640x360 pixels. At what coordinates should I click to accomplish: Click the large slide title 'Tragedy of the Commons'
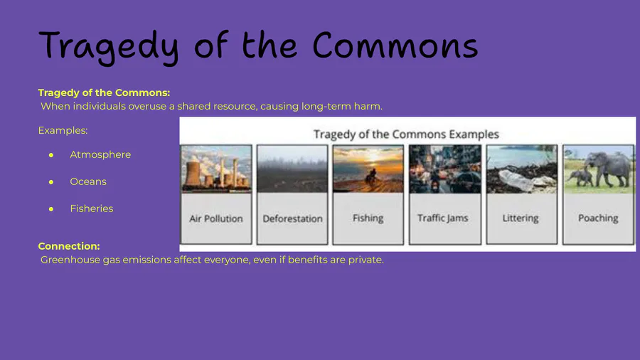pos(258,47)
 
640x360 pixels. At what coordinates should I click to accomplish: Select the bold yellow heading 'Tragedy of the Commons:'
pos(104,92)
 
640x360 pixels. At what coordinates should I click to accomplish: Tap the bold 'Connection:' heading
pos(69,246)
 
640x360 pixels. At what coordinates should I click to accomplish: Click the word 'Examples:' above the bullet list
pos(63,130)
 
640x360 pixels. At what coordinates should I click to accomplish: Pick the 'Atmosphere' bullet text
pos(100,154)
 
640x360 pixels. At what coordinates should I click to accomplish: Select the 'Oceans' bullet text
pos(88,181)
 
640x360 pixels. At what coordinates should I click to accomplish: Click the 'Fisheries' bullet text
pos(92,208)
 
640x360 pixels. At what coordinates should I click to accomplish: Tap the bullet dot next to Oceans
pos(51,182)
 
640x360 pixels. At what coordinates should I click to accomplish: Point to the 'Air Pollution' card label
pos(216,219)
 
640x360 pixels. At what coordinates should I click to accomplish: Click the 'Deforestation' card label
pos(292,219)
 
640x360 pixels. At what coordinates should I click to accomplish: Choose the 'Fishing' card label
pos(368,218)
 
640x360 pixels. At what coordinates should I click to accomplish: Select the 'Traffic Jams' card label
pos(443,218)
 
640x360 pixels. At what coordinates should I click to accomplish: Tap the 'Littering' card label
pos(521,218)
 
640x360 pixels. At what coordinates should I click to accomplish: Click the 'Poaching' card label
pos(598,218)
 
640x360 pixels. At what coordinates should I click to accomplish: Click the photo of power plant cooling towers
pos(216,169)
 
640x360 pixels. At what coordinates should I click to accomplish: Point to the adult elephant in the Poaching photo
pos(609,167)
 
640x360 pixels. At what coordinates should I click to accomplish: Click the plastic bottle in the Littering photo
pos(515,180)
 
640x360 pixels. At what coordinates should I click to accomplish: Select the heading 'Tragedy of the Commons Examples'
pos(406,134)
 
